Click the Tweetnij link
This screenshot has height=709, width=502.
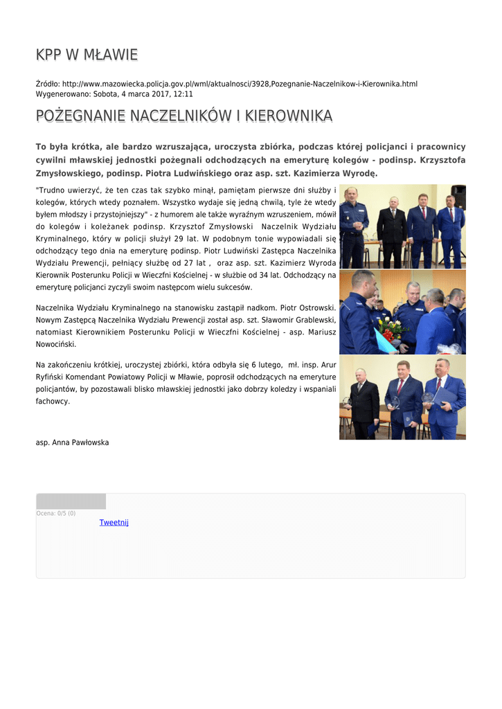114,522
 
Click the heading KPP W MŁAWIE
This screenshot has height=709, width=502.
87,55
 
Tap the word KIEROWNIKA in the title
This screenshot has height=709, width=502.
289,116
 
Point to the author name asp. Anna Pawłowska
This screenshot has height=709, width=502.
72,442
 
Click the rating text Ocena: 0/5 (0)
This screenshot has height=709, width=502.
56,513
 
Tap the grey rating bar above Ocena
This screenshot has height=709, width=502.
71,501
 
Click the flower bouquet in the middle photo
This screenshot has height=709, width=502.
391,328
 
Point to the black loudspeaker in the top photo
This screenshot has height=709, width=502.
458,195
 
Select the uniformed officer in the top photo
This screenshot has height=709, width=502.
353,226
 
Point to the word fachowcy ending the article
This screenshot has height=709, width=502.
53,401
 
